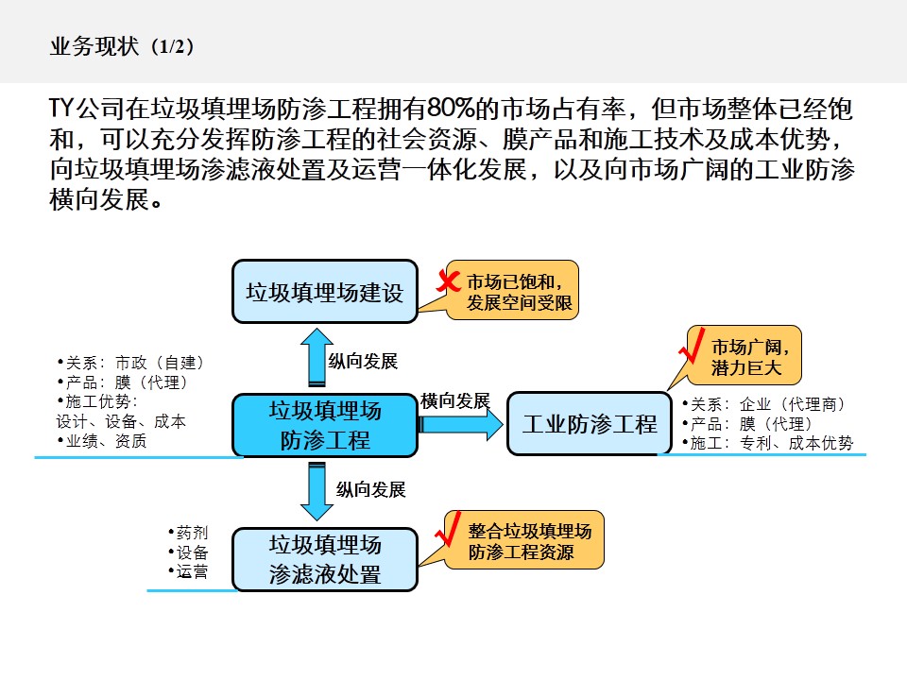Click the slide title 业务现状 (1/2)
tap(123, 47)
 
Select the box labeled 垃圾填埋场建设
tap(324, 292)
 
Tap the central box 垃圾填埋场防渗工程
tap(324, 426)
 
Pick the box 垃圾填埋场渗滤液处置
tap(324, 559)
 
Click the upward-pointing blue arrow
tap(317, 357)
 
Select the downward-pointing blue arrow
tap(317, 491)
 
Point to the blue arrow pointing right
tap(462, 424)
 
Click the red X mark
tap(447, 280)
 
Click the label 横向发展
tap(455, 400)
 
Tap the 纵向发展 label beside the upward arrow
tap(363, 362)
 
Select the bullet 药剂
tap(190, 533)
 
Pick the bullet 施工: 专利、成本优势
tap(770, 443)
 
